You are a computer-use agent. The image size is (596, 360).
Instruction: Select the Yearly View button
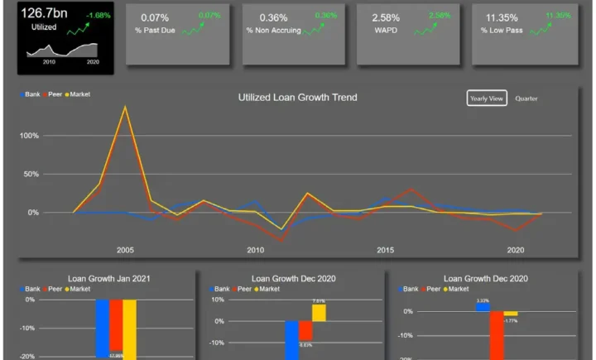click(x=486, y=98)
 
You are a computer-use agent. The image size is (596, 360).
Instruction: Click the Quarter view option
click(x=526, y=98)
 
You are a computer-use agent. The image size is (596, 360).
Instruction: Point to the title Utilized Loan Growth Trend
click(x=297, y=98)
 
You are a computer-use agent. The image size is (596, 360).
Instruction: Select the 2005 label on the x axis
click(x=125, y=249)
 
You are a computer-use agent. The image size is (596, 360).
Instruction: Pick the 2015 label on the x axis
click(x=385, y=249)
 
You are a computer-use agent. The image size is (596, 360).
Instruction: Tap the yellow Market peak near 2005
click(x=125, y=107)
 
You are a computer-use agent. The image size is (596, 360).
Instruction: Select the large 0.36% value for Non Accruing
click(x=273, y=17)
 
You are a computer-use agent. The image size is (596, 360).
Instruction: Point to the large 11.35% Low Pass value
click(x=502, y=17)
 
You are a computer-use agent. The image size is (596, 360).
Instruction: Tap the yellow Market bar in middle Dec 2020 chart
click(x=319, y=312)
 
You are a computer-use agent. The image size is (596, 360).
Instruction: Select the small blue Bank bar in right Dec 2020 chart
click(x=482, y=307)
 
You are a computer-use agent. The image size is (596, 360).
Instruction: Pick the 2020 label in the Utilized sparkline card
click(x=92, y=62)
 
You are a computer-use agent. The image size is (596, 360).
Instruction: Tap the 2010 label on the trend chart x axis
click(x=255, y=249)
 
